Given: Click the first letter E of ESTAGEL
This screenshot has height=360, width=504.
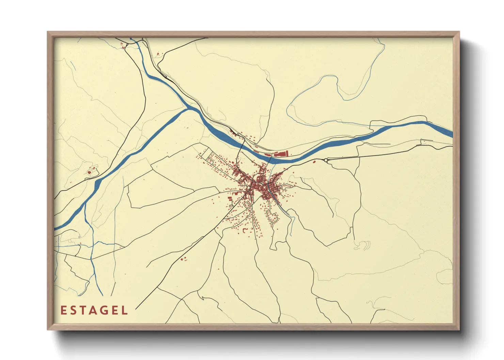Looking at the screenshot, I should point(63,310).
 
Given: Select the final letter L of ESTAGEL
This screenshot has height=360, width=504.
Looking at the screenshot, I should point(125,310).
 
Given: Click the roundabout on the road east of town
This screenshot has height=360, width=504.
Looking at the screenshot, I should point(326,160).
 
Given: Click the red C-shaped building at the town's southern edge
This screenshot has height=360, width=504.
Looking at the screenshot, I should point(245,230).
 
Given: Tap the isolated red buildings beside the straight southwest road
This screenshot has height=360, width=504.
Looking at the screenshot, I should point(184,259).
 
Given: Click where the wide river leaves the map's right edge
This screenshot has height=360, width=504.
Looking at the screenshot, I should point(451,134).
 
